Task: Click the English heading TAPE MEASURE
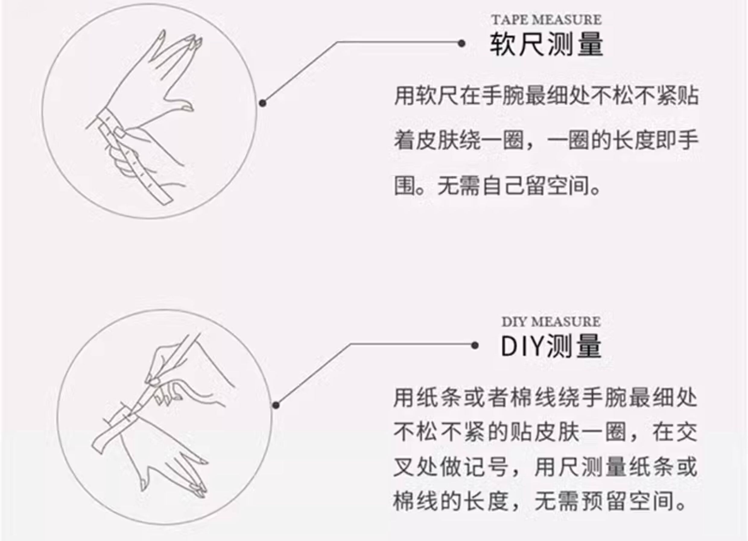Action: [x=547, y=20]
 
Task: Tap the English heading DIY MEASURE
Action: [x=551, y=322]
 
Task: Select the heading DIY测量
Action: [x=551, y=346]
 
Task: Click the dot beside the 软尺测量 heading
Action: [x=461, y=43]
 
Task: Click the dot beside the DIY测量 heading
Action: [x=475, y=346]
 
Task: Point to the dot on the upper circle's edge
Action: [x=262, y=103]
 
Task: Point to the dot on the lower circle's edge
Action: [x=276, y=405]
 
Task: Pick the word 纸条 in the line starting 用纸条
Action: [x=439, y=398]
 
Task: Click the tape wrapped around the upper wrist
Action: [x=109, y=122]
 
